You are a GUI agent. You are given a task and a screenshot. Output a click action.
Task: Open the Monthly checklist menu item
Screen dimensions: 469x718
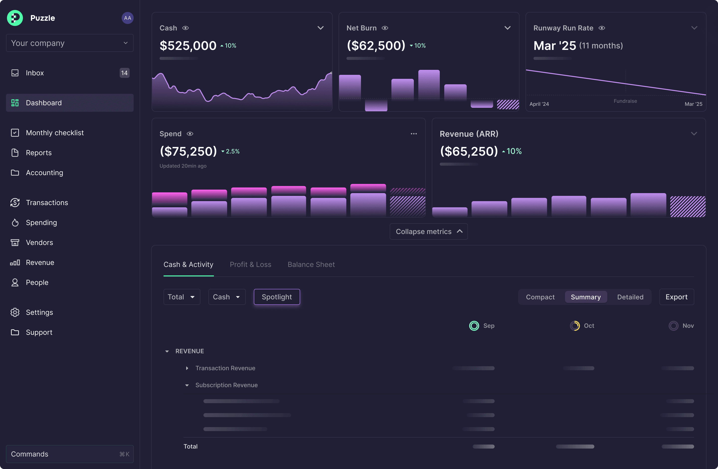click(x=55, y=133)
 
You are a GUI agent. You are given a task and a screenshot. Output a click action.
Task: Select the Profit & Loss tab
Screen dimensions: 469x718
click(x=250, y=264)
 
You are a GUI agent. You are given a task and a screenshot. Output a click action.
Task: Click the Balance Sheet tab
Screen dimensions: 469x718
click(x=311, y=264)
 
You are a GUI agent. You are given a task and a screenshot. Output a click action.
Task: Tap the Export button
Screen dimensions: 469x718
click(x=676, y=297)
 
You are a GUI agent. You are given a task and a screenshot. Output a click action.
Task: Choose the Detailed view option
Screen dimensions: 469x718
click(x=630, y=297)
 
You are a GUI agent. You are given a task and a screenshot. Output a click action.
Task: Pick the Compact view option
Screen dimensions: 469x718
click(x=540, y=297)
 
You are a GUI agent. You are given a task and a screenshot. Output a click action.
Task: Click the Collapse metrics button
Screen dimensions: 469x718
click(x=428, y=232)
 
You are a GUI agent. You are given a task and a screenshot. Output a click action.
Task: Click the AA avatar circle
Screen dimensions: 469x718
click(x=127, y=18)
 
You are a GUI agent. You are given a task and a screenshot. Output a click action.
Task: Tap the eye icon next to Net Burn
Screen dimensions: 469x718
click(x=385, y=28)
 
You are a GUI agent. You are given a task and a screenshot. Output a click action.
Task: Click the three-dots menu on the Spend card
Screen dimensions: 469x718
click(x=414, y=134)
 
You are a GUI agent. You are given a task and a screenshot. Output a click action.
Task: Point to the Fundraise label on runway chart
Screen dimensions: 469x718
click(x=625, y=101)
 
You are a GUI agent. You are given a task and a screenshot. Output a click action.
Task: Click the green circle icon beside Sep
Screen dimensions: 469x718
click(x=474, y=326)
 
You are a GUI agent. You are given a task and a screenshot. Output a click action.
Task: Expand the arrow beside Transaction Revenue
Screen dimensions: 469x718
click(x=187, y=368)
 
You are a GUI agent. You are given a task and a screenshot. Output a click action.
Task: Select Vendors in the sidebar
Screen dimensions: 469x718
click(x=39, y=242)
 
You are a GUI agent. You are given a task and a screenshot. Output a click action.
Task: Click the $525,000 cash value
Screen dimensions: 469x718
click(x=188, y=46)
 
